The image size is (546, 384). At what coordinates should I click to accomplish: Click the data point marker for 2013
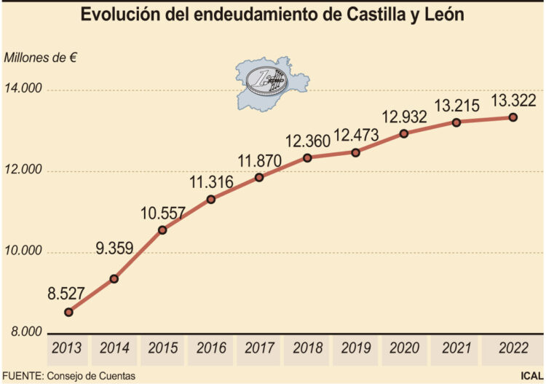pyautogui.click(x=68, y=312)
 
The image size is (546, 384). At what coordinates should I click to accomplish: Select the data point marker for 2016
pyautogui.click(x=211, y=199)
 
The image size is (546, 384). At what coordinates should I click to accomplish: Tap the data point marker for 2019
pyautogui.click(x=355, y=152)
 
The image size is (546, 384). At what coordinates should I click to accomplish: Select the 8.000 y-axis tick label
pyautogui.click(x=23, y=332)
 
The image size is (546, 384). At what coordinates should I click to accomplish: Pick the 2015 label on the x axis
pyautogui.click(x=163, y=348)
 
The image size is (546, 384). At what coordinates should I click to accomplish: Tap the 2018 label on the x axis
pyautogui.click(x=309, y=348)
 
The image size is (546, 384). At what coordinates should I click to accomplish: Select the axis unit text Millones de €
pyautogui.click(x=40, y=58)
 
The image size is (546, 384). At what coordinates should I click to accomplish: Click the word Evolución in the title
pyautogui.click(x=122, y=15)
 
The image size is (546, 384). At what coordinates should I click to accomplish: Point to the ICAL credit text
pyautogui.click(x=530, y=376)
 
